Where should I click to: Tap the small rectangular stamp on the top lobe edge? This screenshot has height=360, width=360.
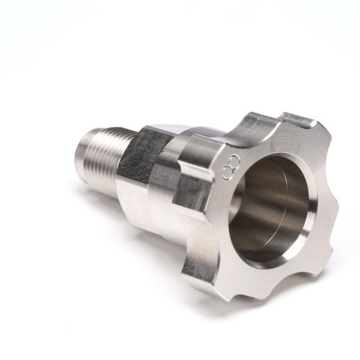298,119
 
